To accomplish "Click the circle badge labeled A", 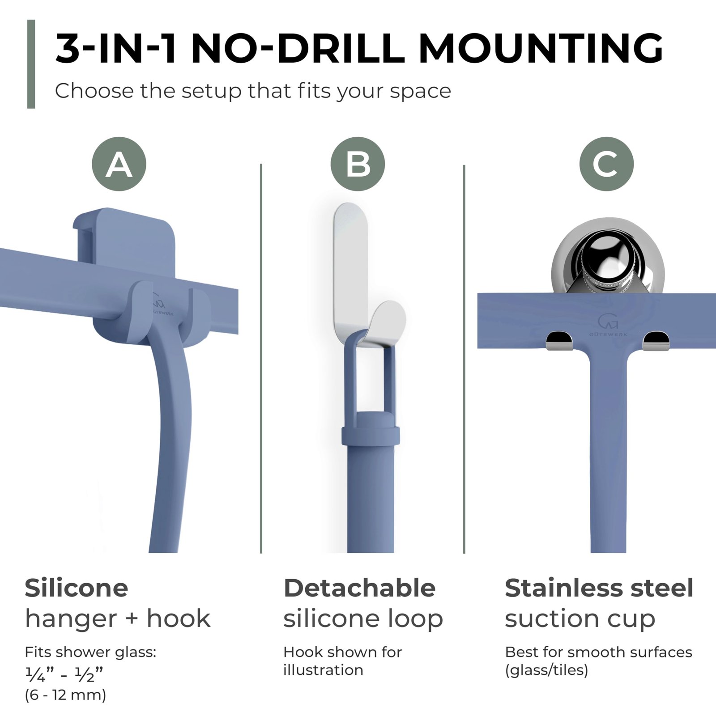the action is pyautogui.click(x=119, y=164).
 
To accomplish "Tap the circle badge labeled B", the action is pyautogui.click(x=358, y=164).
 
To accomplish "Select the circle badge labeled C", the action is pyautogui.click(x=606, y=164).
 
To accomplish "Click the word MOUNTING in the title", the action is pyautogui.click(x=540, y=48).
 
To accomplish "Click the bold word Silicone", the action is pyautogui.click(x=77, y=588).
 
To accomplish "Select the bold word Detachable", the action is pyautogui.click(x=359, y=588).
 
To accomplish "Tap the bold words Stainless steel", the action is pyautogui.click(x=599, y=588).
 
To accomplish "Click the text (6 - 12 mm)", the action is pyautogui.click(x=65, y=695).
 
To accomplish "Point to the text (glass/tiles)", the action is pyautogui.click(x=546, y=670).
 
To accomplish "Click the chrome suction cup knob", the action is pyautogui.click(x=608, y=260).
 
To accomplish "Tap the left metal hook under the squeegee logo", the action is pyautogui.click(x=559, y=341).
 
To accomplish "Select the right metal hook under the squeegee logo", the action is pyautogui.click(x=656, y=341).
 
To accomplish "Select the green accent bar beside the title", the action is pyautogui.click(x=31, y=64).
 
